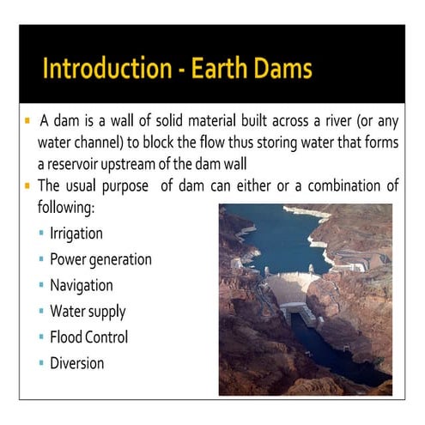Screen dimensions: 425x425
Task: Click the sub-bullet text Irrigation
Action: [x=76, y=234]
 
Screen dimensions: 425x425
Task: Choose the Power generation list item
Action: [x=100, y=259]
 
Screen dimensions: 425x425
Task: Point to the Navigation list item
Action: [x=81, y=285]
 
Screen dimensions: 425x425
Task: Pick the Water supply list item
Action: [x=88, y=311]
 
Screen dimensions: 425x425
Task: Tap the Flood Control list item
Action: [x=88, y=337]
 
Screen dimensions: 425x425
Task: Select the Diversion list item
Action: [x=76, y=362]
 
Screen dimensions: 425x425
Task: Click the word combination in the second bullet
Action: [x=340, y=185]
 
